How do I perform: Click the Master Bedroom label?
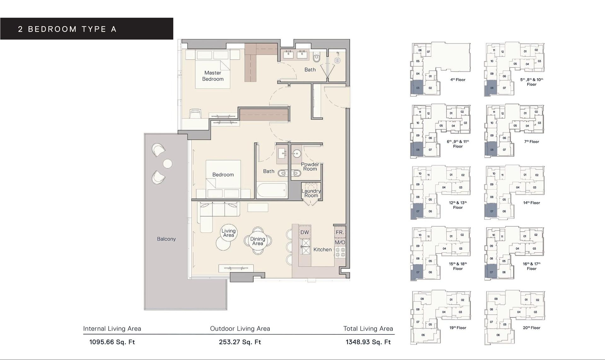tap(213, 76)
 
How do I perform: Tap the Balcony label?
tap(166, 239)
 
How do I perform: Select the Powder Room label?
tap(310, 166)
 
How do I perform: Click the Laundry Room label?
tap(311, 193)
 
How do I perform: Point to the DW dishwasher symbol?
tap(304, 232)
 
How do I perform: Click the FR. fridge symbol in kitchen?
tap(340, 232)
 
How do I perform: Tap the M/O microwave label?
tap(340, 242)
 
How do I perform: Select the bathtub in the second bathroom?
tap(272, 190)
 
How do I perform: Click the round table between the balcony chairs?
tap(168, 164)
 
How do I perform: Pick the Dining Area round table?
tap(257, 241)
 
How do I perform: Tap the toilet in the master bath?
tap(317, 58)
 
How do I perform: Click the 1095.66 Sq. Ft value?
tap(112, 342)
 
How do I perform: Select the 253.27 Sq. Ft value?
tap(240, 342)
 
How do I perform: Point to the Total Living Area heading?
tap(368, 328)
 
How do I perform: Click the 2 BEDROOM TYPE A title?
tap(67, 29)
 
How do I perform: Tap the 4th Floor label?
tap(458, 80)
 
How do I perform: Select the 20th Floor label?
tap(531, 328)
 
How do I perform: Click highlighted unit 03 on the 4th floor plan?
tap(417, 88)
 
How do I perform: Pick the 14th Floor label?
tap(531, 203)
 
